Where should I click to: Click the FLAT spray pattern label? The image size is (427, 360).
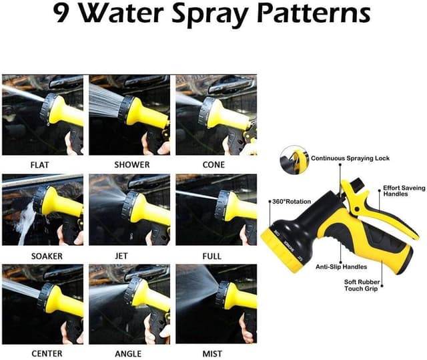40,165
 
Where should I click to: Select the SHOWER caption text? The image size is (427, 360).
132,164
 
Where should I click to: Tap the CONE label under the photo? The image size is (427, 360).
213,164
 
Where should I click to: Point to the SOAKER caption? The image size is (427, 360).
47,256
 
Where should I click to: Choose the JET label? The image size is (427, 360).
121,256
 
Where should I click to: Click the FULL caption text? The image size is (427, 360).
212,256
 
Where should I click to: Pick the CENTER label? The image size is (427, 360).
47,354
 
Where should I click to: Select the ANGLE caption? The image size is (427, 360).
128,354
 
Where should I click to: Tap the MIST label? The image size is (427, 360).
212,354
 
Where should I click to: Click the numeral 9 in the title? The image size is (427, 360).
61,13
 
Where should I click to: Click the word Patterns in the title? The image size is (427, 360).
313,13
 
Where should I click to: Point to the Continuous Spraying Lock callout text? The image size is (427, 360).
350,158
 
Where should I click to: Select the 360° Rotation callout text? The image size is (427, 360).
292,202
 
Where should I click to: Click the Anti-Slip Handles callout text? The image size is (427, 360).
341,266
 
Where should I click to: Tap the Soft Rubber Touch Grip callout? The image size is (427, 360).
362,285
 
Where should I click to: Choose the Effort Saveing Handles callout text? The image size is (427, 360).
404,191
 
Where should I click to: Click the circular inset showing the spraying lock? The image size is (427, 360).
294,159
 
